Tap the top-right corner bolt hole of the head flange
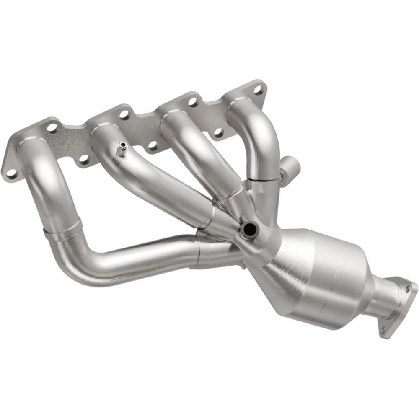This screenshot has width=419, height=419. click(259, 89)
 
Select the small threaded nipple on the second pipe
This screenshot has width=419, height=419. click(122, 149)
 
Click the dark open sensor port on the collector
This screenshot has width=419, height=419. click(249, 228)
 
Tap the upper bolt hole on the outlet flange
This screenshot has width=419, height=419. click(407, 288)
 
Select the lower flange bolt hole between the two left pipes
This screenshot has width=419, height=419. click(83, 158)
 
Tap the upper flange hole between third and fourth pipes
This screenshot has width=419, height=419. click(192, 102)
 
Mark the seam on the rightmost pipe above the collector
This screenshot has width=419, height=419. click(262, 178)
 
